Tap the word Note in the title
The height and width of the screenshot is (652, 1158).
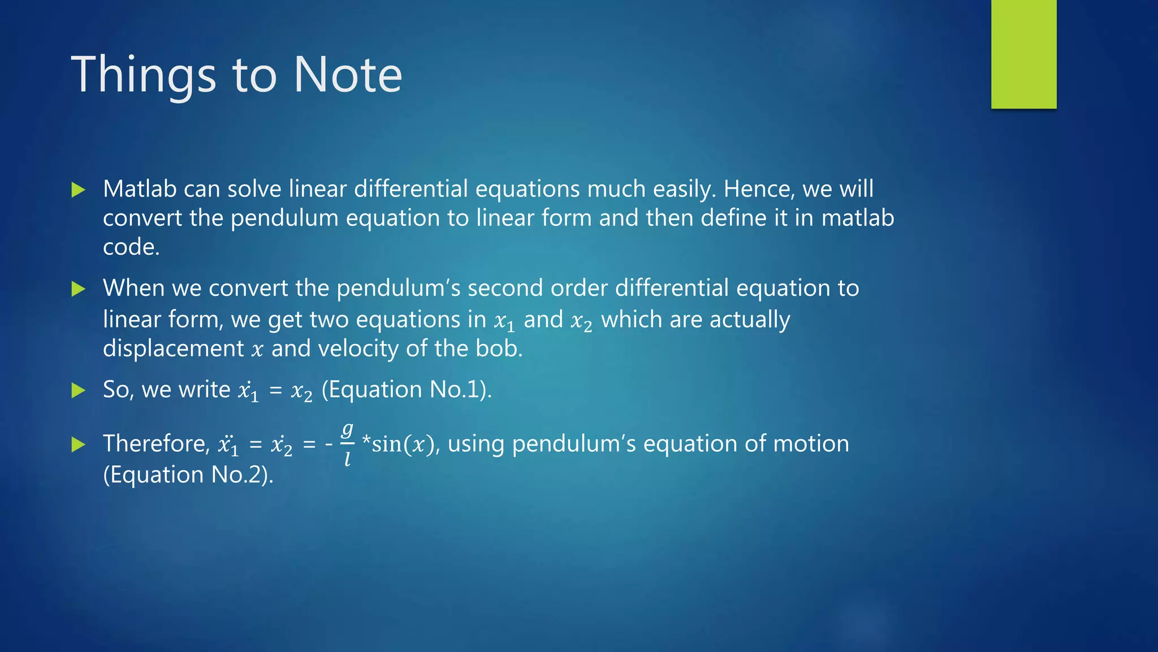pyautogui.click(x=347, y=75)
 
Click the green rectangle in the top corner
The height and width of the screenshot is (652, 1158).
pyautogui.click(x=1023, y=54)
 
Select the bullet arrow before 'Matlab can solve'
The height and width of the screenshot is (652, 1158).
pyautogui.click(x=79, y=190)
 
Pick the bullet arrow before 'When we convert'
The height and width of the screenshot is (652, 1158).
pyautogui.click(x=79, y=289)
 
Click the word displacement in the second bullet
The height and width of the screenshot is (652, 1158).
pyautogui.click(x=173, y=349)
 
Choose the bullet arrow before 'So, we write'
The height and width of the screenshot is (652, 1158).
pyautogui.click(x=79, y=390)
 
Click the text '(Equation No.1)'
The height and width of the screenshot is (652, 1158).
pyautogui.click(x=406, y=390)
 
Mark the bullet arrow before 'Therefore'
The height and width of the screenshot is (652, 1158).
pyautogui.click(x=79, y=444)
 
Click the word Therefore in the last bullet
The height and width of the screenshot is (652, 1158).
pyautogui.click(x=156, y=444)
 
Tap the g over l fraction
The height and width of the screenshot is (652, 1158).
pyautogui.click(x=347, y=444)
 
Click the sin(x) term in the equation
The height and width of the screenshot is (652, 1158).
pyautogui.click(x=402, y=444)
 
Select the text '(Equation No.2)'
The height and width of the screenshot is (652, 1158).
pyautogui.click(x=188, y=475)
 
